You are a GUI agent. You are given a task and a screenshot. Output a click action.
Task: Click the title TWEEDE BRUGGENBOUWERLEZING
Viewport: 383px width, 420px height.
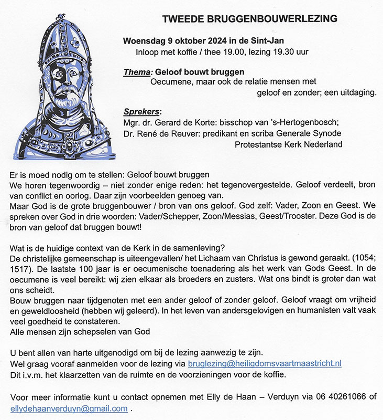(249, 19)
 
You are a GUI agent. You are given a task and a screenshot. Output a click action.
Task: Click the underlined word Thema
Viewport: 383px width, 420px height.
(136, 71)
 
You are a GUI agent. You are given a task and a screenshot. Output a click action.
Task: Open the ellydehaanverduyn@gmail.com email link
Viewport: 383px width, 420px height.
(69, 408)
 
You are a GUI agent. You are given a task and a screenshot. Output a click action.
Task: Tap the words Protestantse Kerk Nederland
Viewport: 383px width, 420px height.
(289, 144)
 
